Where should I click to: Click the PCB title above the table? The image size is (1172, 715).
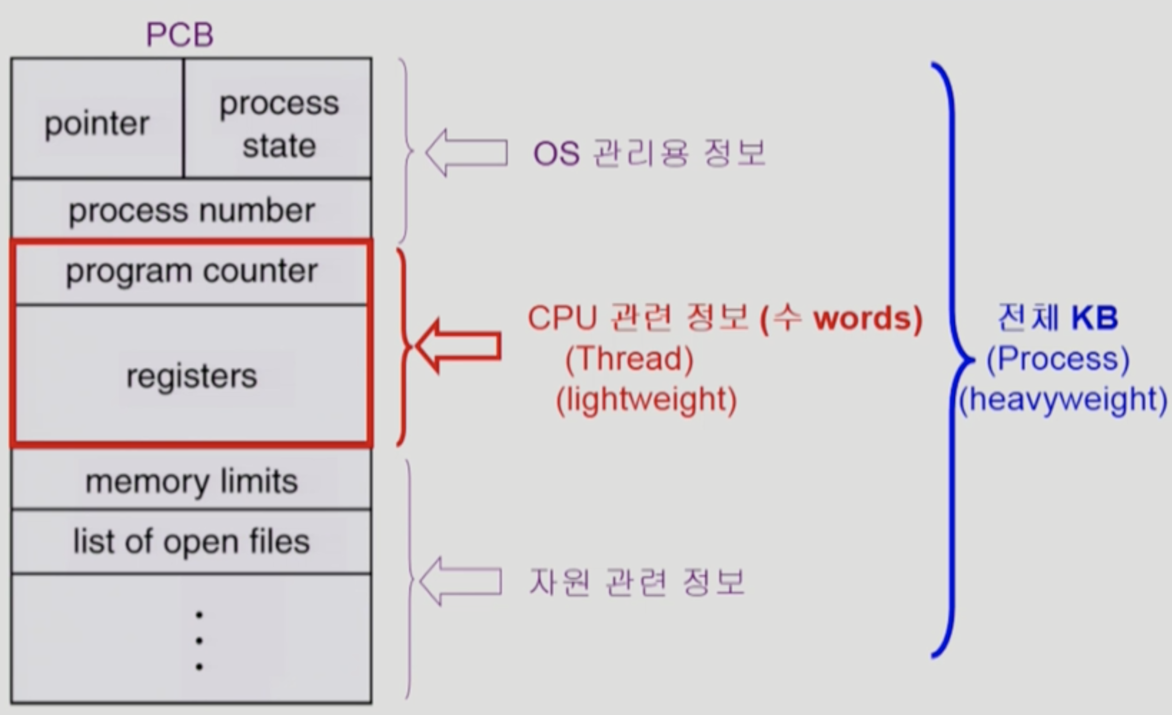pyautogui.click(x=180, y=35)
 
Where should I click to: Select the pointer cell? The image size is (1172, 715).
pyautogui.click(x=97, y=124)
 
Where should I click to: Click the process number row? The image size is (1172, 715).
pyautogui.click(x=192, y=210)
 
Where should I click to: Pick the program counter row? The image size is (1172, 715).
pyautogui.click(x=192, y=271)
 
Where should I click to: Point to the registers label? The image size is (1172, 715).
pyautogui.click(x=192, y=376)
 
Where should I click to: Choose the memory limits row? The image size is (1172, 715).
pyautogui.click(x=192, y=482)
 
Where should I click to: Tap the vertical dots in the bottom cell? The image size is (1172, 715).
pyautogui.click(x=199, y=641)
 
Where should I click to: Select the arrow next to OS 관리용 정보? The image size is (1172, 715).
pyautogui.click(x=466, y=153)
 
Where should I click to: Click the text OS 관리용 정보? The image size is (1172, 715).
pyautogui.click(x=649, y=153)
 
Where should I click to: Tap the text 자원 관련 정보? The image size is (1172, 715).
pyautogui.click(x=637, y=582)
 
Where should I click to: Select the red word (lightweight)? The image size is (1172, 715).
pyautogui.click(x=646, y=400)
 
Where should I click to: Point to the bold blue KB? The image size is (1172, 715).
pyautogui.click(x=1094, y=318)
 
